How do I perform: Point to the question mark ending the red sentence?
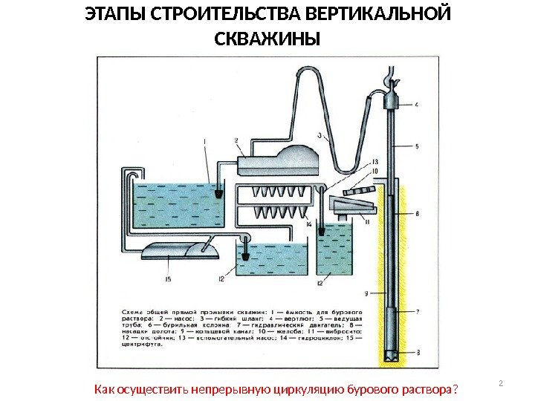pyautogui.click(x=455, y=390)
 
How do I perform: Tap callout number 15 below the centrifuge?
pyautogui.click(x=168, y=278)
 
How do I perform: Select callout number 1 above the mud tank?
pyautogui.click(x=204, y=142)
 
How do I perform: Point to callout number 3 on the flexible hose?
pyautogui.click(x=319, y=136)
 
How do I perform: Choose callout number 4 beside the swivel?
pyautogui.click(x=416, y=105)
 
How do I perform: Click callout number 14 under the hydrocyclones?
pyautogui.click(x=308, y=224)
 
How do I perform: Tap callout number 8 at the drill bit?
pyautogui.click(x=417, y=352)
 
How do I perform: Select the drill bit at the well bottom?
pyautogui.click(x=392, y=355)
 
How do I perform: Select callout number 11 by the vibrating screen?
pyautogui.click(x=367, y=220)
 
